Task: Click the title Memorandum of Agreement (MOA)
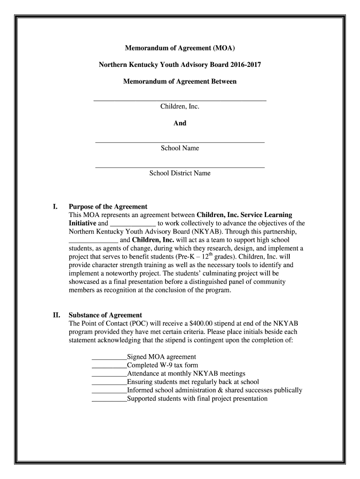[x=180, y=48]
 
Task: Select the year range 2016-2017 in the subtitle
[x=245, y=65]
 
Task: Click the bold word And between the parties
[x=180, y=123]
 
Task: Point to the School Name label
[x=180, y=148]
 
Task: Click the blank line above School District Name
[x=180, y=167]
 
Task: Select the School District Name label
[x=180, y=173]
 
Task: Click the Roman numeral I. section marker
[x=55, y=206]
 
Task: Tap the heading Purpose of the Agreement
[x=108, y=206]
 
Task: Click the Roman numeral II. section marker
[x=56, y=315]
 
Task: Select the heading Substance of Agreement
[x=105, y=315]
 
